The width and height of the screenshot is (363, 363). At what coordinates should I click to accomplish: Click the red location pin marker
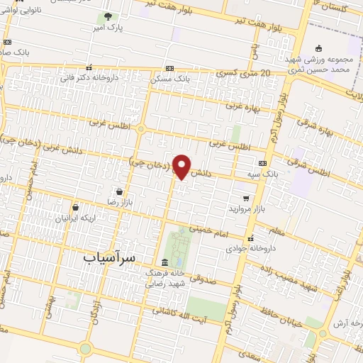182,166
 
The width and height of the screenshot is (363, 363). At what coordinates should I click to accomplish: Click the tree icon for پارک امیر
107,16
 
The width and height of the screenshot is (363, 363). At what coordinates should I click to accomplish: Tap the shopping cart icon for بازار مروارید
246,199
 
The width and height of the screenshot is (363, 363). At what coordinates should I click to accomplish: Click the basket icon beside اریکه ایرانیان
77,208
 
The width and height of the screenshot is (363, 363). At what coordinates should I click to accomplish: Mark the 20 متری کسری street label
245,73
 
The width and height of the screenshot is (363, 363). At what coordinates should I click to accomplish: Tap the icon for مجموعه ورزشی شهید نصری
319,49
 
